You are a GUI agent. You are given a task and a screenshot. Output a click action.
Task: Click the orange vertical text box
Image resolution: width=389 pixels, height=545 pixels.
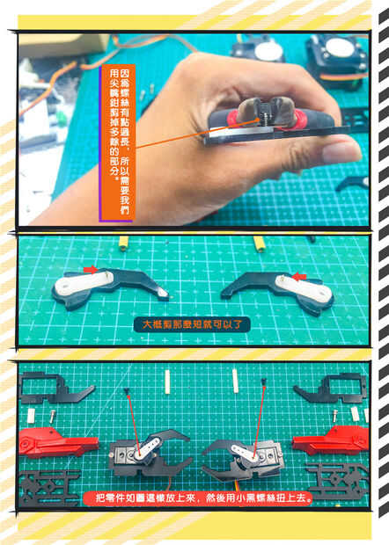click(x=117, y=143)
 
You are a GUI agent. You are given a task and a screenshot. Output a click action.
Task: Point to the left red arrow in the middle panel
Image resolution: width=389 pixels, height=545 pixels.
click(x=91, y=269)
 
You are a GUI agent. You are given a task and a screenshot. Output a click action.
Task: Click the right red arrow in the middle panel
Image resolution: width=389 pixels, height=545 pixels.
click(x=298, y=277)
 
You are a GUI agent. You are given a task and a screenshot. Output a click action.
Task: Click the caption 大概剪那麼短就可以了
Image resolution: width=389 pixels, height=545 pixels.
click(x=192, y=324)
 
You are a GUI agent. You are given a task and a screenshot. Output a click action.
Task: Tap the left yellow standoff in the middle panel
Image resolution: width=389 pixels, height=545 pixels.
click(x=123, y=243)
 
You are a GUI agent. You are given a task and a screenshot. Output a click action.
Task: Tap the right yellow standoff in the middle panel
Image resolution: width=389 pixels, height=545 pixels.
click(x=260, y=243)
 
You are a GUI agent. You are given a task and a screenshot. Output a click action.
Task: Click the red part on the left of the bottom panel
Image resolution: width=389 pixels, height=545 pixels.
click(x=58, y=441)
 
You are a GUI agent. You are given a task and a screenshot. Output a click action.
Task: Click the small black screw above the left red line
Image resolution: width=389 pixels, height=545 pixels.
click(x=127, y=391)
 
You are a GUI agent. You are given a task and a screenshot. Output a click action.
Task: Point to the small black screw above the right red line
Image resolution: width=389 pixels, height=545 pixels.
click(x=264, y=382)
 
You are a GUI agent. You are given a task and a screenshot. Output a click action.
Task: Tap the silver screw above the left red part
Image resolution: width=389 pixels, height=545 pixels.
click(x=52, y=417)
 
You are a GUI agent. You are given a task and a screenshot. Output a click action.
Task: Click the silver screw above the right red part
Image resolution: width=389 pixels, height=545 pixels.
click(x=335, y=415)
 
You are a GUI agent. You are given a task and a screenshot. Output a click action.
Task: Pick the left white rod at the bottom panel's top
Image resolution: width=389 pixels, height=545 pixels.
click(x=167, y=381)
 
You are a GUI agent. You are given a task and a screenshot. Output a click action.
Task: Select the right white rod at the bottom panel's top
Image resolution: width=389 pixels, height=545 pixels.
click(x=235, y=381)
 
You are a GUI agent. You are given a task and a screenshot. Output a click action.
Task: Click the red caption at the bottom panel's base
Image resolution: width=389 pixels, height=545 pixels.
click(x=198, y=498)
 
